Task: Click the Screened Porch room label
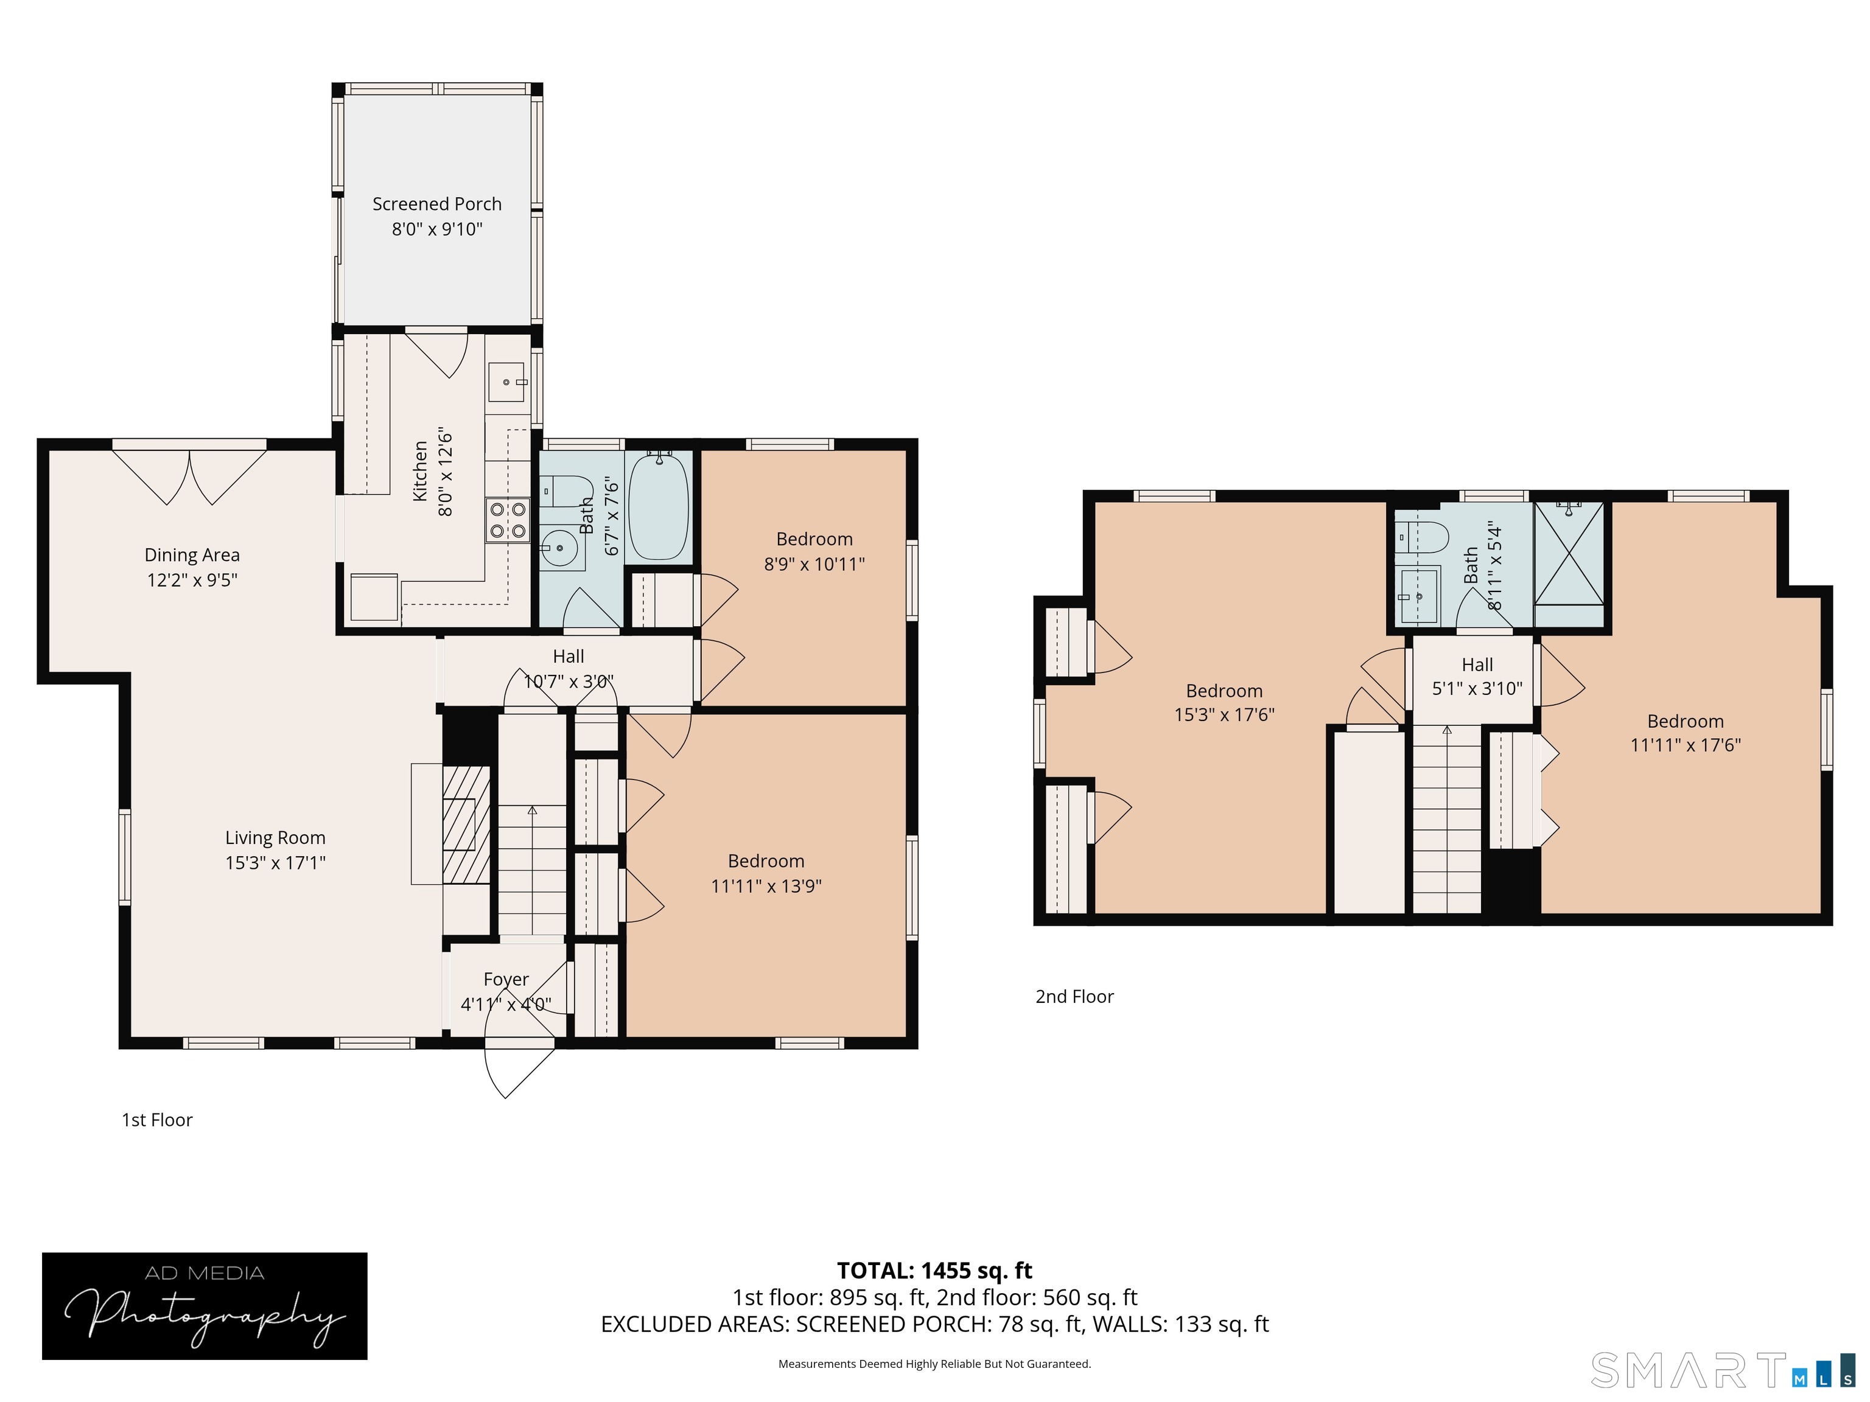pyautogui.click(x=437, y=204)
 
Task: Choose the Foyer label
pyautogui.click(x=505, y=980)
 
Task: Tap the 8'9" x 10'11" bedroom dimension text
pyautogui.click(x=814, y=563)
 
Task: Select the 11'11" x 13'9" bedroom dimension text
pyautogui.click(x=766, y=885)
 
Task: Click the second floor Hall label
pyautogui.click(x=1477, y=665)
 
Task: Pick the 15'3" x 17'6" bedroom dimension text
pyautogui.click(x=1224, y=715)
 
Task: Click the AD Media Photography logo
pyautogui.click(x=205, y=1306)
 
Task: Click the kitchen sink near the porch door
pyautogui.click(x=507, y=382)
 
